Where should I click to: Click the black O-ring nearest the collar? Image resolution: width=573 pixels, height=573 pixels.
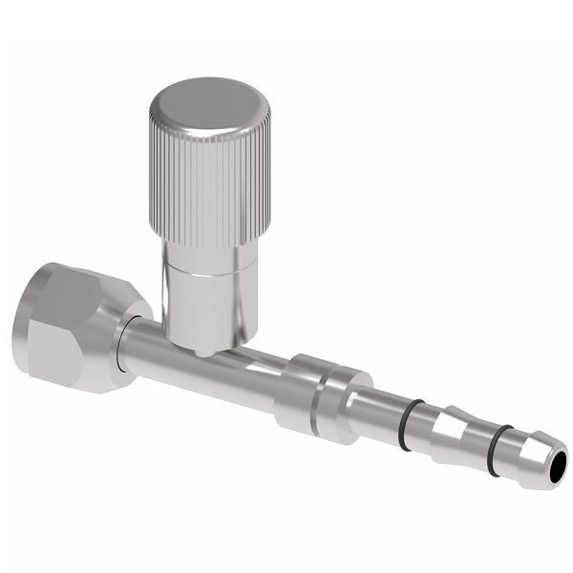408,425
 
